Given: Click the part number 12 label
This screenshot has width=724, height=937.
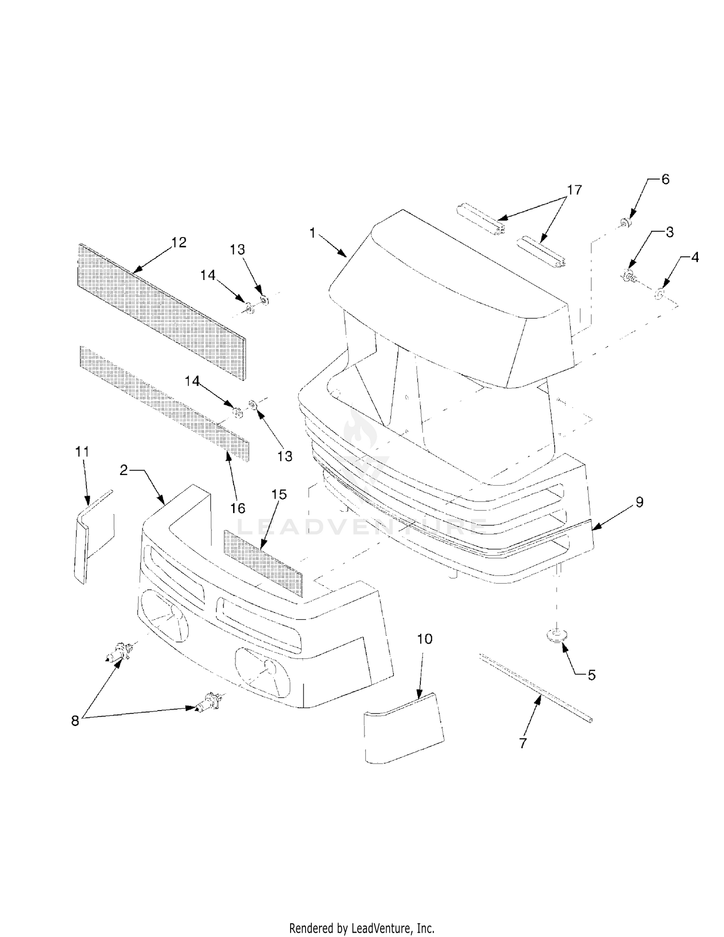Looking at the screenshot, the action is point(179,242).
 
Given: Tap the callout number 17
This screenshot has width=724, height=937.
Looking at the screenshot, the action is point(574,190).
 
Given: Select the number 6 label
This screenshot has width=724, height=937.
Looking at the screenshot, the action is point(665,179).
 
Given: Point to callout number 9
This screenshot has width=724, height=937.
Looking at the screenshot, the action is point(640,502).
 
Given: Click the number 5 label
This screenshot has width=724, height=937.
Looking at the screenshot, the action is point(592,675).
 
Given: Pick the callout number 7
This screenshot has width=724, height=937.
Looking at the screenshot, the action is point(523,743).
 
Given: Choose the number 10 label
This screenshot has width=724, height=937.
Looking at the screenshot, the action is point(425,639).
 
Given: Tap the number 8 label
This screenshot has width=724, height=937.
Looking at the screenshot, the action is point(75,721).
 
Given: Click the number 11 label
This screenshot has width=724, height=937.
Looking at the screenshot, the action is point(82,452).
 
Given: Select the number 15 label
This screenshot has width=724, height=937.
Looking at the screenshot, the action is point(279,494).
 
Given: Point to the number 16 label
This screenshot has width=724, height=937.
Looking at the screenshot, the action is point(238,508).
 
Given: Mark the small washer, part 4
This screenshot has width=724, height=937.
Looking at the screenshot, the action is point(659,293).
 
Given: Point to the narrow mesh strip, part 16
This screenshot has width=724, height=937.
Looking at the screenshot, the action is point(165,403).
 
